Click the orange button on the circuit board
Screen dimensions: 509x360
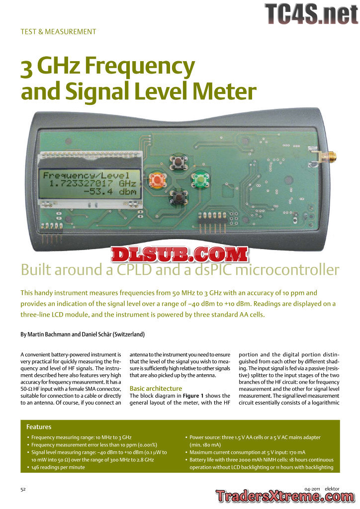[x=157, y=179]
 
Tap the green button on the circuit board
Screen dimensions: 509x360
[x=200, y=178]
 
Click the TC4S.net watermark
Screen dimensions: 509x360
[x=311, y=13]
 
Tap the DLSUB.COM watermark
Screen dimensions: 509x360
[x=180, y=254]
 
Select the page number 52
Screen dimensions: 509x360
[x=23, y=489]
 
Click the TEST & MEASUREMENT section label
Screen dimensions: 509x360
[x=58, y=31]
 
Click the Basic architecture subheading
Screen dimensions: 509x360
[x=156, y=388]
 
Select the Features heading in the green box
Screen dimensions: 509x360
[x=39, y=426]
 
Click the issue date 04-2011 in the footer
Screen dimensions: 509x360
[x=313, y=489]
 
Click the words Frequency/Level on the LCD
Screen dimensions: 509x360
[x=86, y=175]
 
